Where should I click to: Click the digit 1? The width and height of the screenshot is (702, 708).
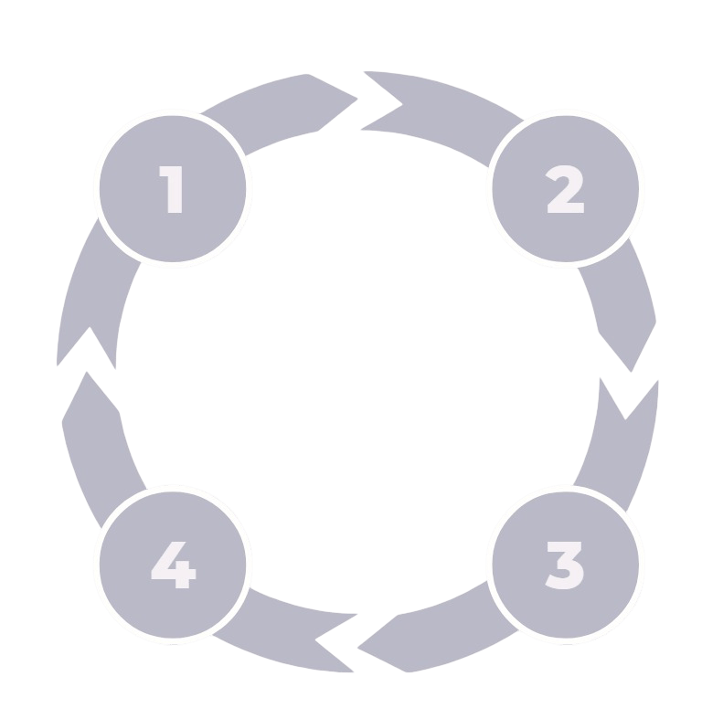pos(173,189)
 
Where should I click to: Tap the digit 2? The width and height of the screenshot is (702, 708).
pos(565,189)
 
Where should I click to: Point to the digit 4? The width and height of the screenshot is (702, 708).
pos(173,565)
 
